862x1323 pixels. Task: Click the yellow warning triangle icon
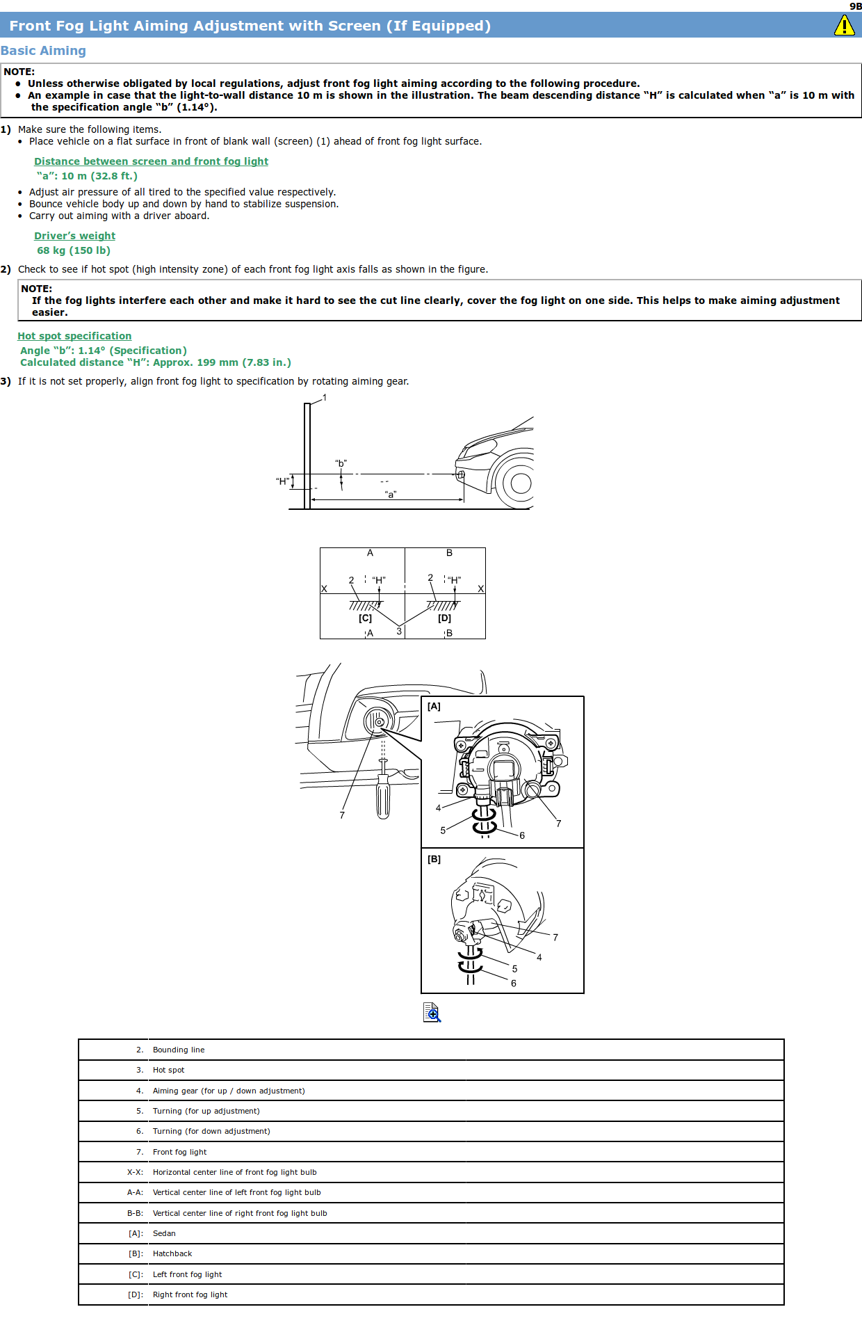pos(844,26)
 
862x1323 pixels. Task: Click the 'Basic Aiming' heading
pos(43,51)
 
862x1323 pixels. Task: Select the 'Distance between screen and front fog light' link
pos(151,161)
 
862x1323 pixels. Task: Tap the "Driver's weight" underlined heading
pos(74,236)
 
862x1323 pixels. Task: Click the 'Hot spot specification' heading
pos(74,336)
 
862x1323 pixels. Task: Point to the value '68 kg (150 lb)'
pos(74,250)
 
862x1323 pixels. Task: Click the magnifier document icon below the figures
pos(432,1012)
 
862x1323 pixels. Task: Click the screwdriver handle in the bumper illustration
pos(383,800)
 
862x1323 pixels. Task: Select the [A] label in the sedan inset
pos(434,706)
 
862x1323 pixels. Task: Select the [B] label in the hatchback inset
pos(434,859)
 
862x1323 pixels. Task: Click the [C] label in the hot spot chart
pos(365,618)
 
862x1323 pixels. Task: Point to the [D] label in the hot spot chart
pos(444,618)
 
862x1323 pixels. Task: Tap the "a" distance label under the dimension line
pos(391,495)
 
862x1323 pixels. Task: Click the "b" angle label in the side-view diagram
pos(341,463)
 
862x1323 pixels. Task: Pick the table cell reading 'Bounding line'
pos(179,1050)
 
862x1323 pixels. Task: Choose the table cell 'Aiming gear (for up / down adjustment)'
pos(229,1091)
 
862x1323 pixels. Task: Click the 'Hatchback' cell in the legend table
pos(172,1253)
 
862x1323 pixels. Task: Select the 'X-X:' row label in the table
pos(135,1172)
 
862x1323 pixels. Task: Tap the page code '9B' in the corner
pos(855,6)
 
